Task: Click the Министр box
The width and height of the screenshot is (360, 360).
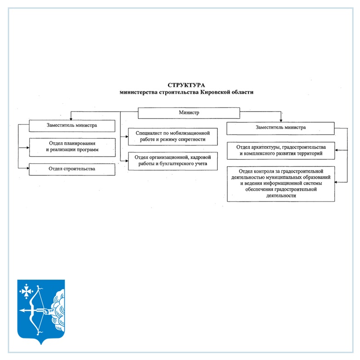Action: click(x=189, y=113)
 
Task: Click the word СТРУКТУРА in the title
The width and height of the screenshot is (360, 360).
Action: click(x=186, y=85)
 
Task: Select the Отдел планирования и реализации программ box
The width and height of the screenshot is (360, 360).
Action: click(x=72, y=147)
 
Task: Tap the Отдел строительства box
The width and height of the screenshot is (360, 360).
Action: click(x=72, y=169)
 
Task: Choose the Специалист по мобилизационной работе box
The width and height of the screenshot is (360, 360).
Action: click(x=173, y=136)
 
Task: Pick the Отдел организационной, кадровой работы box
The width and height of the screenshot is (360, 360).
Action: click(x=173, y=161)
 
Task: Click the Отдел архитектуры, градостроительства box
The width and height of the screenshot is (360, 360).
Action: click(x=281, y=150)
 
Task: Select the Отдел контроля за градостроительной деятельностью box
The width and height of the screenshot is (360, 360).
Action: click(x=281, y=184)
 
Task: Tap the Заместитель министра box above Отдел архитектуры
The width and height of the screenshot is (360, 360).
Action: click(x=281, y=128)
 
